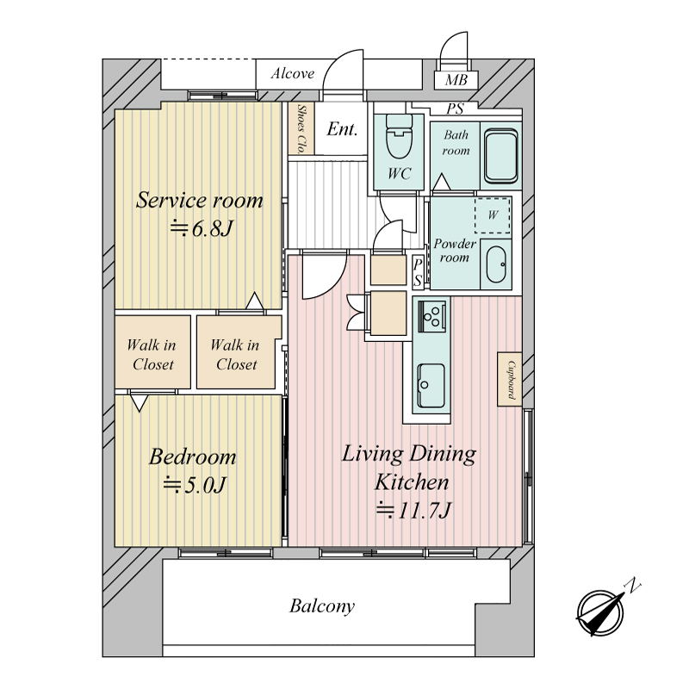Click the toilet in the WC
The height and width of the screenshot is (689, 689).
tap(399, 137)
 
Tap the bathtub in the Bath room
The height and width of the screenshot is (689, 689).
tap(500, 156)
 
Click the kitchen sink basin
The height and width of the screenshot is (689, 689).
tap(431, 385)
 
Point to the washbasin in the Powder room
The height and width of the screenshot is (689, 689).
tap(496, 264)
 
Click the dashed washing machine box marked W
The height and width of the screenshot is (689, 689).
tap(493, 214)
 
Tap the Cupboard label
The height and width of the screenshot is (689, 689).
tap(511, 380)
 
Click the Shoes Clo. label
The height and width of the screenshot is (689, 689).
tap(301, 128)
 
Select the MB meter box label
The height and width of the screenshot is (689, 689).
tap(456, 80)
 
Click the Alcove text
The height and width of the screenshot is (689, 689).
tap(293, 73)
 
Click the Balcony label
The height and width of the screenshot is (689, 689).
tap(322, 606)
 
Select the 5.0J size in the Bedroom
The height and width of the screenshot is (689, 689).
tap(195, 485)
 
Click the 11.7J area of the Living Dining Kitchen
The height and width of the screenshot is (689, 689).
tap(413, 510)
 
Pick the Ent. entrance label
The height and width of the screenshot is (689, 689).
tap(342, 129)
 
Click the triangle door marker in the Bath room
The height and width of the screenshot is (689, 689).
tap(442, 182)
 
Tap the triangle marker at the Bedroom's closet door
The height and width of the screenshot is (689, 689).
tap(139, 403)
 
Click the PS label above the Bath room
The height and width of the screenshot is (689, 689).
tap(456, 109)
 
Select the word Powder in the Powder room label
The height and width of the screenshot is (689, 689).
tap(455, 244)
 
